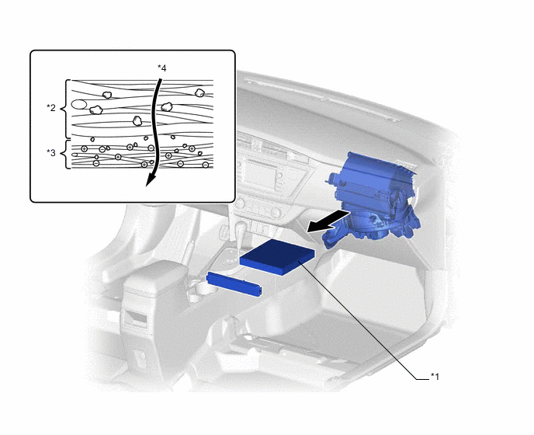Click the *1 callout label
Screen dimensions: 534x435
coord(435,377)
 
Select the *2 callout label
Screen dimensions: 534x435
coord(51,108)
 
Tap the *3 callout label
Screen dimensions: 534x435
coord(51,153)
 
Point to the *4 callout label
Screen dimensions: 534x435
coord(161,68)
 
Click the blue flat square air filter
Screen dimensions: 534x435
coord(277,256)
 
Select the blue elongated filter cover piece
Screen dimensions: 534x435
coord(234,284)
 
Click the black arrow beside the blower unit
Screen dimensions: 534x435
coord(328,221)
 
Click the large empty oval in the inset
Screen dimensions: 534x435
coord(78,104)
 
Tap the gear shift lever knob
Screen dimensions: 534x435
coord(241,228)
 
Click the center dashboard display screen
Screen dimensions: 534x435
coord(259,172)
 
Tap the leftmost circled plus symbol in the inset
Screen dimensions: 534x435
coord(84,148)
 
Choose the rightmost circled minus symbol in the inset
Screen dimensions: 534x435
coord(206,165)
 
